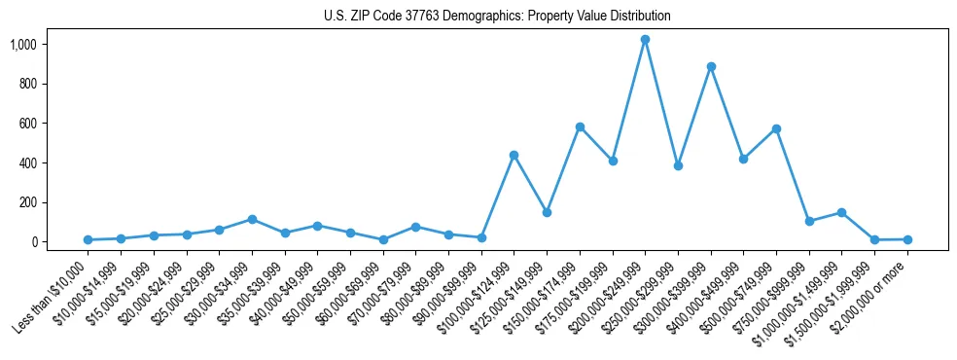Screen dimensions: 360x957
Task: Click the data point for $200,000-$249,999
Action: [x=645, y=40]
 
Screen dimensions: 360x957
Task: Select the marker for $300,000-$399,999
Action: [x=711, y=67]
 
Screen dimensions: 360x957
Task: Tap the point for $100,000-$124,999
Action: [x=514, y=155]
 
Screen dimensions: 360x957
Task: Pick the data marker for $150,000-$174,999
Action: [x=580, y=126]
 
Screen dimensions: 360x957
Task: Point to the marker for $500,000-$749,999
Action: [x=776, y=128]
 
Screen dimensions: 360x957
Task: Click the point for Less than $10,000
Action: [x=88, y=239]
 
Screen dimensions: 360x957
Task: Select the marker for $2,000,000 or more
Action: [x=907, y=239]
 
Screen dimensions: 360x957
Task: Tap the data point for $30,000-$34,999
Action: [x=252, y=219]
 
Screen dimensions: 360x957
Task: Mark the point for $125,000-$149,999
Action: [x=547, y=212]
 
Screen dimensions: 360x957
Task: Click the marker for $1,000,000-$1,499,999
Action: [x=841, y=212]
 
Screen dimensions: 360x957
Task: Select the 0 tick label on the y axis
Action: [x=34, y=241]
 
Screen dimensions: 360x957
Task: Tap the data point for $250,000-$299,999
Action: [x=678, y=165]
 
